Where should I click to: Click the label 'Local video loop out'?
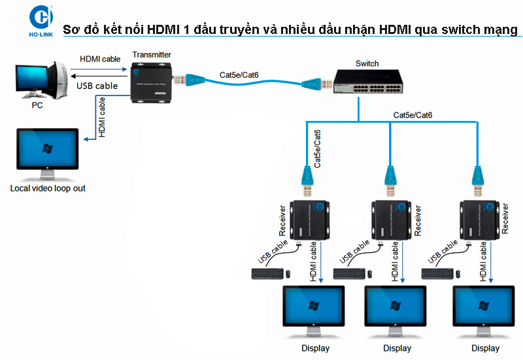point(48,188)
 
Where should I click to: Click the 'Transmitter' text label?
point(151,55)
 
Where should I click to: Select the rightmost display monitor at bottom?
point(485,310)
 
